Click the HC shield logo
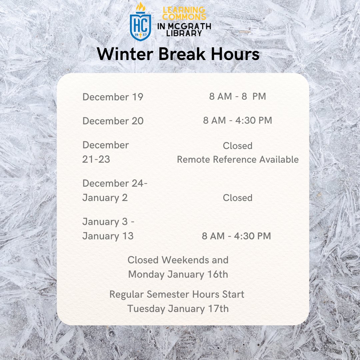pyautogui.click(x=140, y=25)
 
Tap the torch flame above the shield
pyautogui.click(x=140, y=7)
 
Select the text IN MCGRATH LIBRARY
pyautogui.click(x=184, y=29)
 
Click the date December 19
pyautogui.click(x=113, y=97)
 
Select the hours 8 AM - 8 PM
pyautogui.click(x=237, y=96)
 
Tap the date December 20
pyautogui.click(x=113, y=121)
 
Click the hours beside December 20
pyautogui.click(x=237, y=120)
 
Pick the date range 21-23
pyautogui.click(x=96, y=159)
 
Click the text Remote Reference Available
pyautogui.click(x=237, y=159)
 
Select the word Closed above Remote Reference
pyautogui.click(x=237, y=146)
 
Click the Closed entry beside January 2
pyautogui.click(x=237, y=198)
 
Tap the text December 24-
pyautogui.click(x=115, y=183)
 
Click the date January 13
pyautogui.click(x=108, y=236)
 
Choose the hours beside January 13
pyautogui.click(x=236, y=236)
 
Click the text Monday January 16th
pyautogui.click(x=178, y=274)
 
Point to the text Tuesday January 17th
pyautogui.click(x=178, y=308)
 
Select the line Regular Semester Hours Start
pyautogui.click(x=177, y=294)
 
